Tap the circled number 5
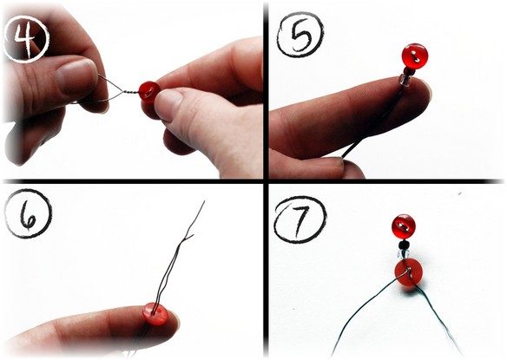click(x=300, y=35)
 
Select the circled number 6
click(x=28, y=213)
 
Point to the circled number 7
click(x=300, y=219)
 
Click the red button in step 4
click(x=149, y=92)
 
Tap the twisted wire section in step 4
click(x=130, y=91)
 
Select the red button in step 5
click(x=414, y=56)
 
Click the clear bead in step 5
click(x=405, y=80)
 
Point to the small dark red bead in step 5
click(x=408, y=70)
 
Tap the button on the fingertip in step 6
click(x=155, y=313)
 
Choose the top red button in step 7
click(x=403, y=226)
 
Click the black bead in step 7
click(x=403, y=244)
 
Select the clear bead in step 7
click(x=403, y=253)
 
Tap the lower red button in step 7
click(x=408, y=272)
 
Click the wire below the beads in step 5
click(x=372, y=124)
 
